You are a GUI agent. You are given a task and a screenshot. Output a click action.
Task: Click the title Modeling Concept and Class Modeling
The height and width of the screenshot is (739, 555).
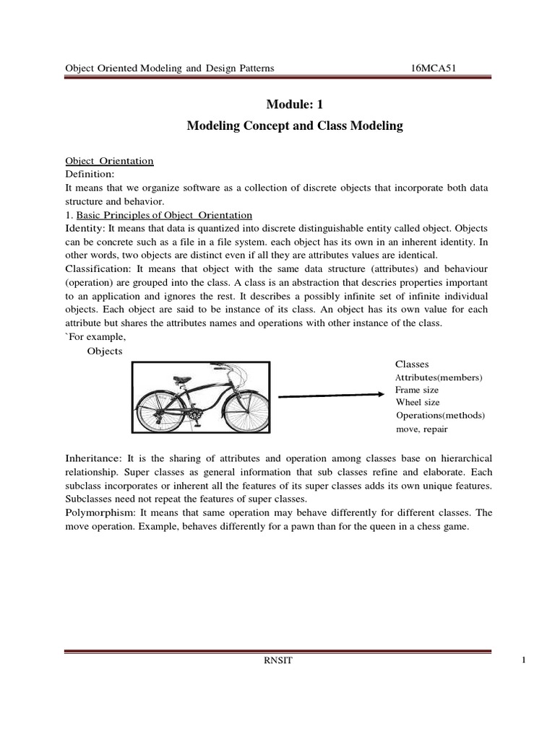pos(294,126)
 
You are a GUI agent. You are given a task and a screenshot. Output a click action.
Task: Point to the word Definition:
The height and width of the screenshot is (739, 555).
pos(90,174)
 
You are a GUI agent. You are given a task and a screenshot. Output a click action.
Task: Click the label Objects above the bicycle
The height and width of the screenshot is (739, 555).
pos(105,351)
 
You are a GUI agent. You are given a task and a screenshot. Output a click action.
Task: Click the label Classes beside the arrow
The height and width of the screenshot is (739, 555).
pos(412,364)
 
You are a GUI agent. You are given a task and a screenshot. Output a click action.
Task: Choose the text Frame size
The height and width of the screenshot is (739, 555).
pos(417,390)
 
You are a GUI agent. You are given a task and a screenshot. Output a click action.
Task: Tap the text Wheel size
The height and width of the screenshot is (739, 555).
pos(417,402)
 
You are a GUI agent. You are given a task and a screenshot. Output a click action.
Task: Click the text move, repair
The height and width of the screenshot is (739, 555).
pos(421,429)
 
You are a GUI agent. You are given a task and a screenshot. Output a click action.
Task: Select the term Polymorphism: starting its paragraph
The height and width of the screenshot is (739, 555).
pos(100,512)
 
